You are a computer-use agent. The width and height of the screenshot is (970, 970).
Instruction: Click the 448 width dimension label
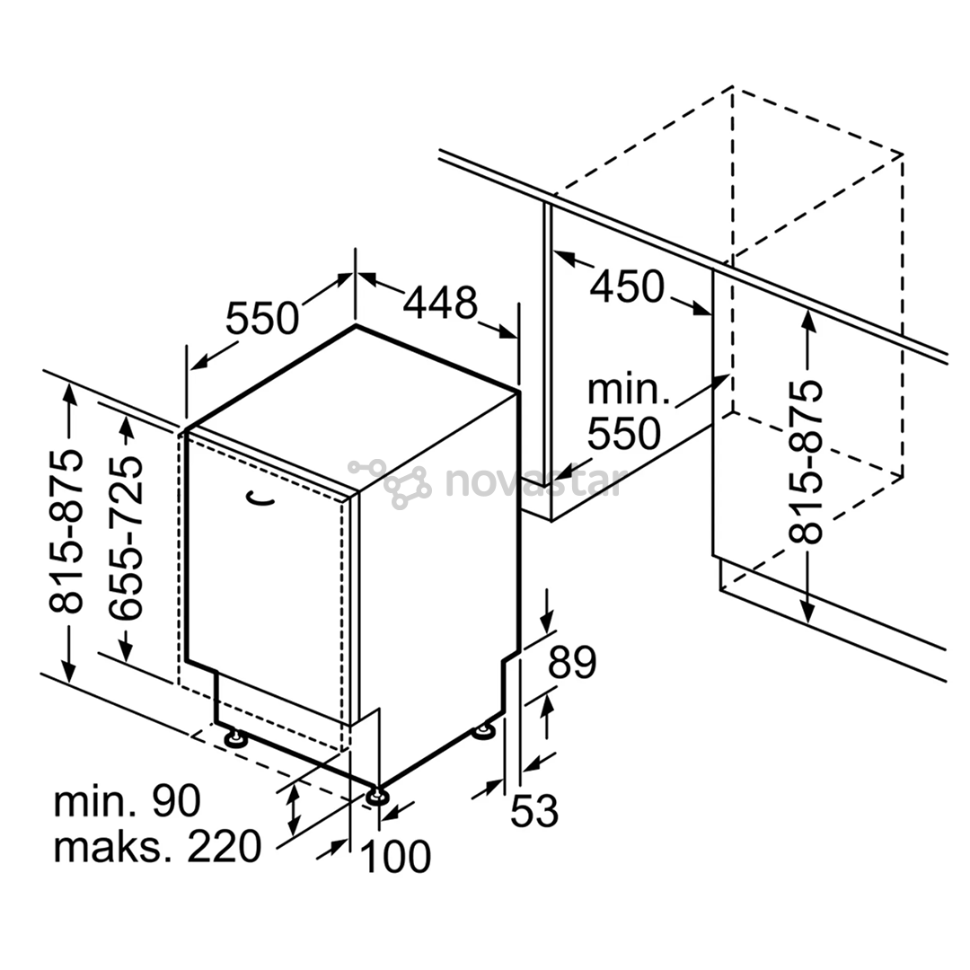click(440, 304)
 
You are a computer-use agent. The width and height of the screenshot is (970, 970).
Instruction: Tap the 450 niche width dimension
click(627, 287)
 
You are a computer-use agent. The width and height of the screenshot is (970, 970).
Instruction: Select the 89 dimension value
click(572, 663)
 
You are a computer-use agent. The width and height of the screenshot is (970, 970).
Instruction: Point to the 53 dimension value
click(534, 811)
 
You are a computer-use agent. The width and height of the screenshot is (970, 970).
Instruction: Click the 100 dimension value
click(395, 857)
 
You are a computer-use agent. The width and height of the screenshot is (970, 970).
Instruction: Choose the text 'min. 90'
click(128, 801)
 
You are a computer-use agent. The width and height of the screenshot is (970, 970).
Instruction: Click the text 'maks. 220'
click(158, 846)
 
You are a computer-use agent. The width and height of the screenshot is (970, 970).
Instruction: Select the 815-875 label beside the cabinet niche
click(806, 463)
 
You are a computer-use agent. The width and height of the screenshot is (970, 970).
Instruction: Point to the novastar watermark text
click(533, 481)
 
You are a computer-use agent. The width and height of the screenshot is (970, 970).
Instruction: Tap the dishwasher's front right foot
click(376, 796)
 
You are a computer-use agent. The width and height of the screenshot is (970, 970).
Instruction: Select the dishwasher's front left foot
click(234, 738)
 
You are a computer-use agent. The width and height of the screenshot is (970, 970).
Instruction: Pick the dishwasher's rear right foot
click(484, 732)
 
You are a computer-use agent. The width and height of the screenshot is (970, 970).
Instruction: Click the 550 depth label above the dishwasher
click(261, 318)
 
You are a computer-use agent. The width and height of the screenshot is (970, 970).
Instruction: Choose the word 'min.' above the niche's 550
click(629, 391)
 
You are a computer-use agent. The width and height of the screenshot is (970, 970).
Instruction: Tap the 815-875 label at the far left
click(66, 532)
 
